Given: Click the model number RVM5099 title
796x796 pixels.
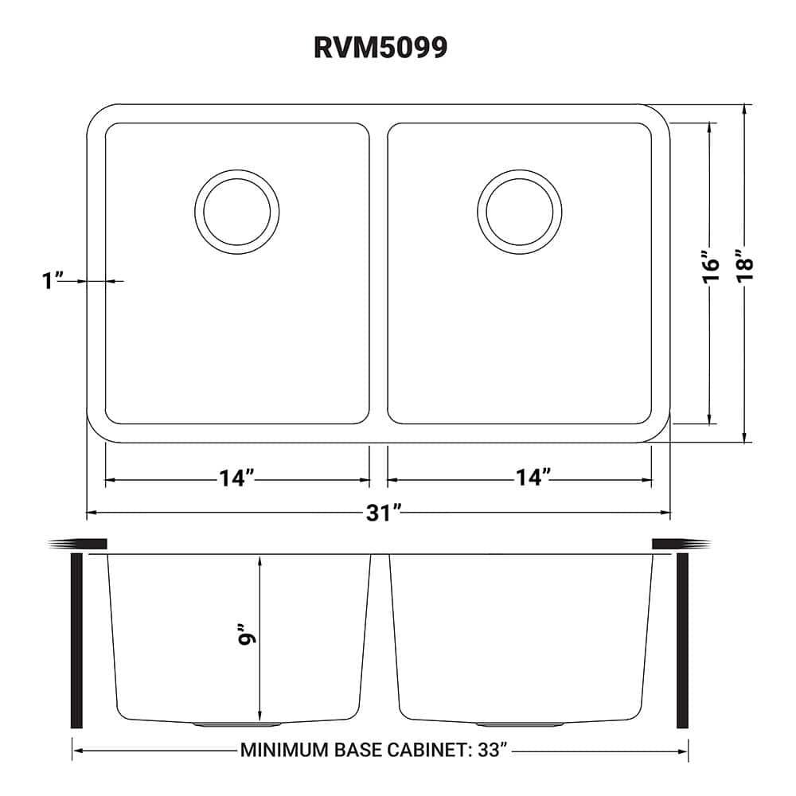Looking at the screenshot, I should pos(380,49).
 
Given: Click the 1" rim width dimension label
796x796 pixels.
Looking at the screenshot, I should pos(54,281).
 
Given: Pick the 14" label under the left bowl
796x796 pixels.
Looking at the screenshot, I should pos(236,479).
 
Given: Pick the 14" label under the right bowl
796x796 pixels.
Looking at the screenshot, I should pos(533,479).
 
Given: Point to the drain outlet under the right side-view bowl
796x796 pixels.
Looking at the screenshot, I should pos(519,724).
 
